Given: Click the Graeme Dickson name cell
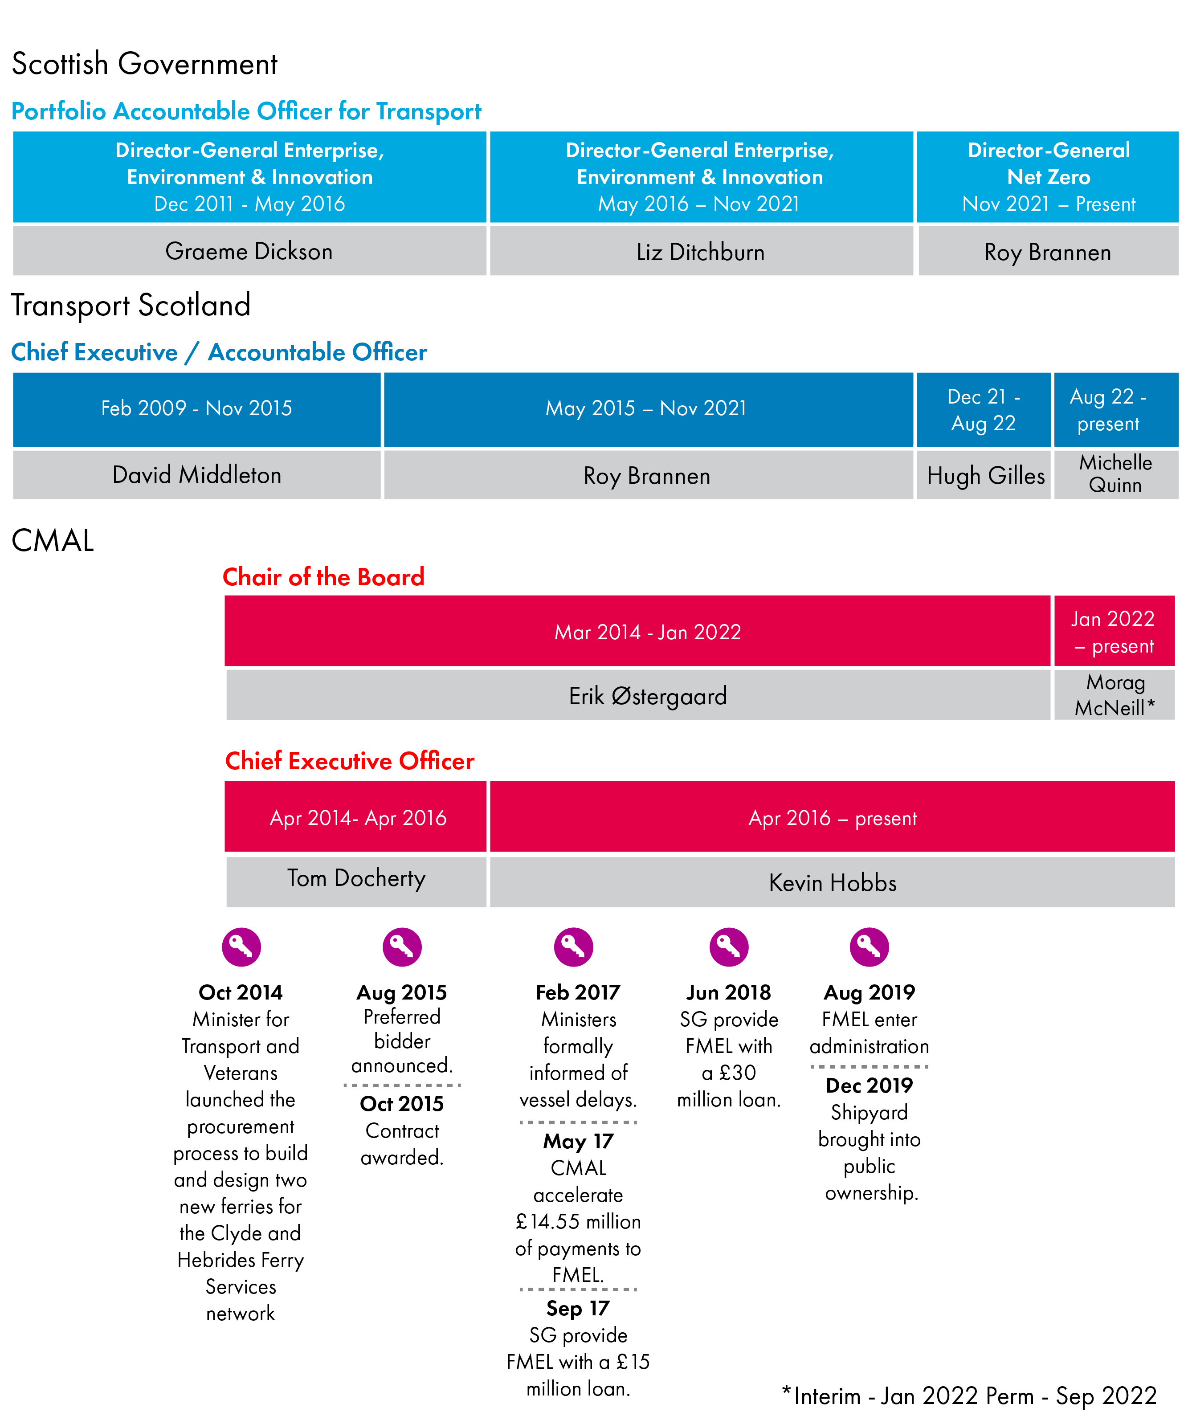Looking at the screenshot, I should click(249, 251).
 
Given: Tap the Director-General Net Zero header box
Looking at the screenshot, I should click(1047, 176).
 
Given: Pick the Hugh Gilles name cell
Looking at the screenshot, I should click(984, 475).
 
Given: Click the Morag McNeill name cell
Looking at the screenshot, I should click(1115, 694).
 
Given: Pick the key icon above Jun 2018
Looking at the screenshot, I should click(728, 947).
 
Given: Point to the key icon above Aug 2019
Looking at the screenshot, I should click(869, 947).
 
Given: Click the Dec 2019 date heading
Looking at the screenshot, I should click(869, 1085).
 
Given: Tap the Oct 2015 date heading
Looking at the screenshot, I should click(402, 1104).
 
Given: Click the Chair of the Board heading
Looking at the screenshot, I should click(323, 577).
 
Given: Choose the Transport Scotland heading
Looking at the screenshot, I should click(131, 305).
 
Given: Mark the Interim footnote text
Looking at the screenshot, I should click(968, 1396).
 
